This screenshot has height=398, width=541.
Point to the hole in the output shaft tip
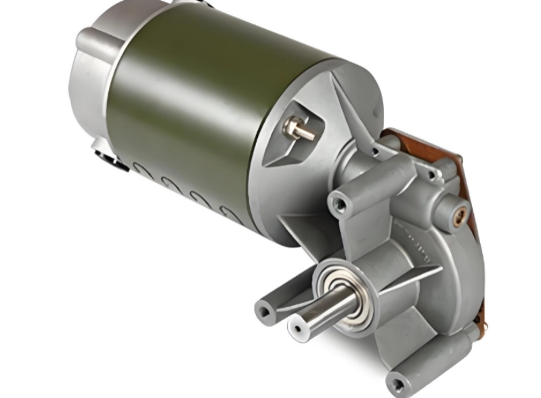coord(296,328)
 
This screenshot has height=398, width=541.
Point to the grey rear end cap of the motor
coord(91,81)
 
